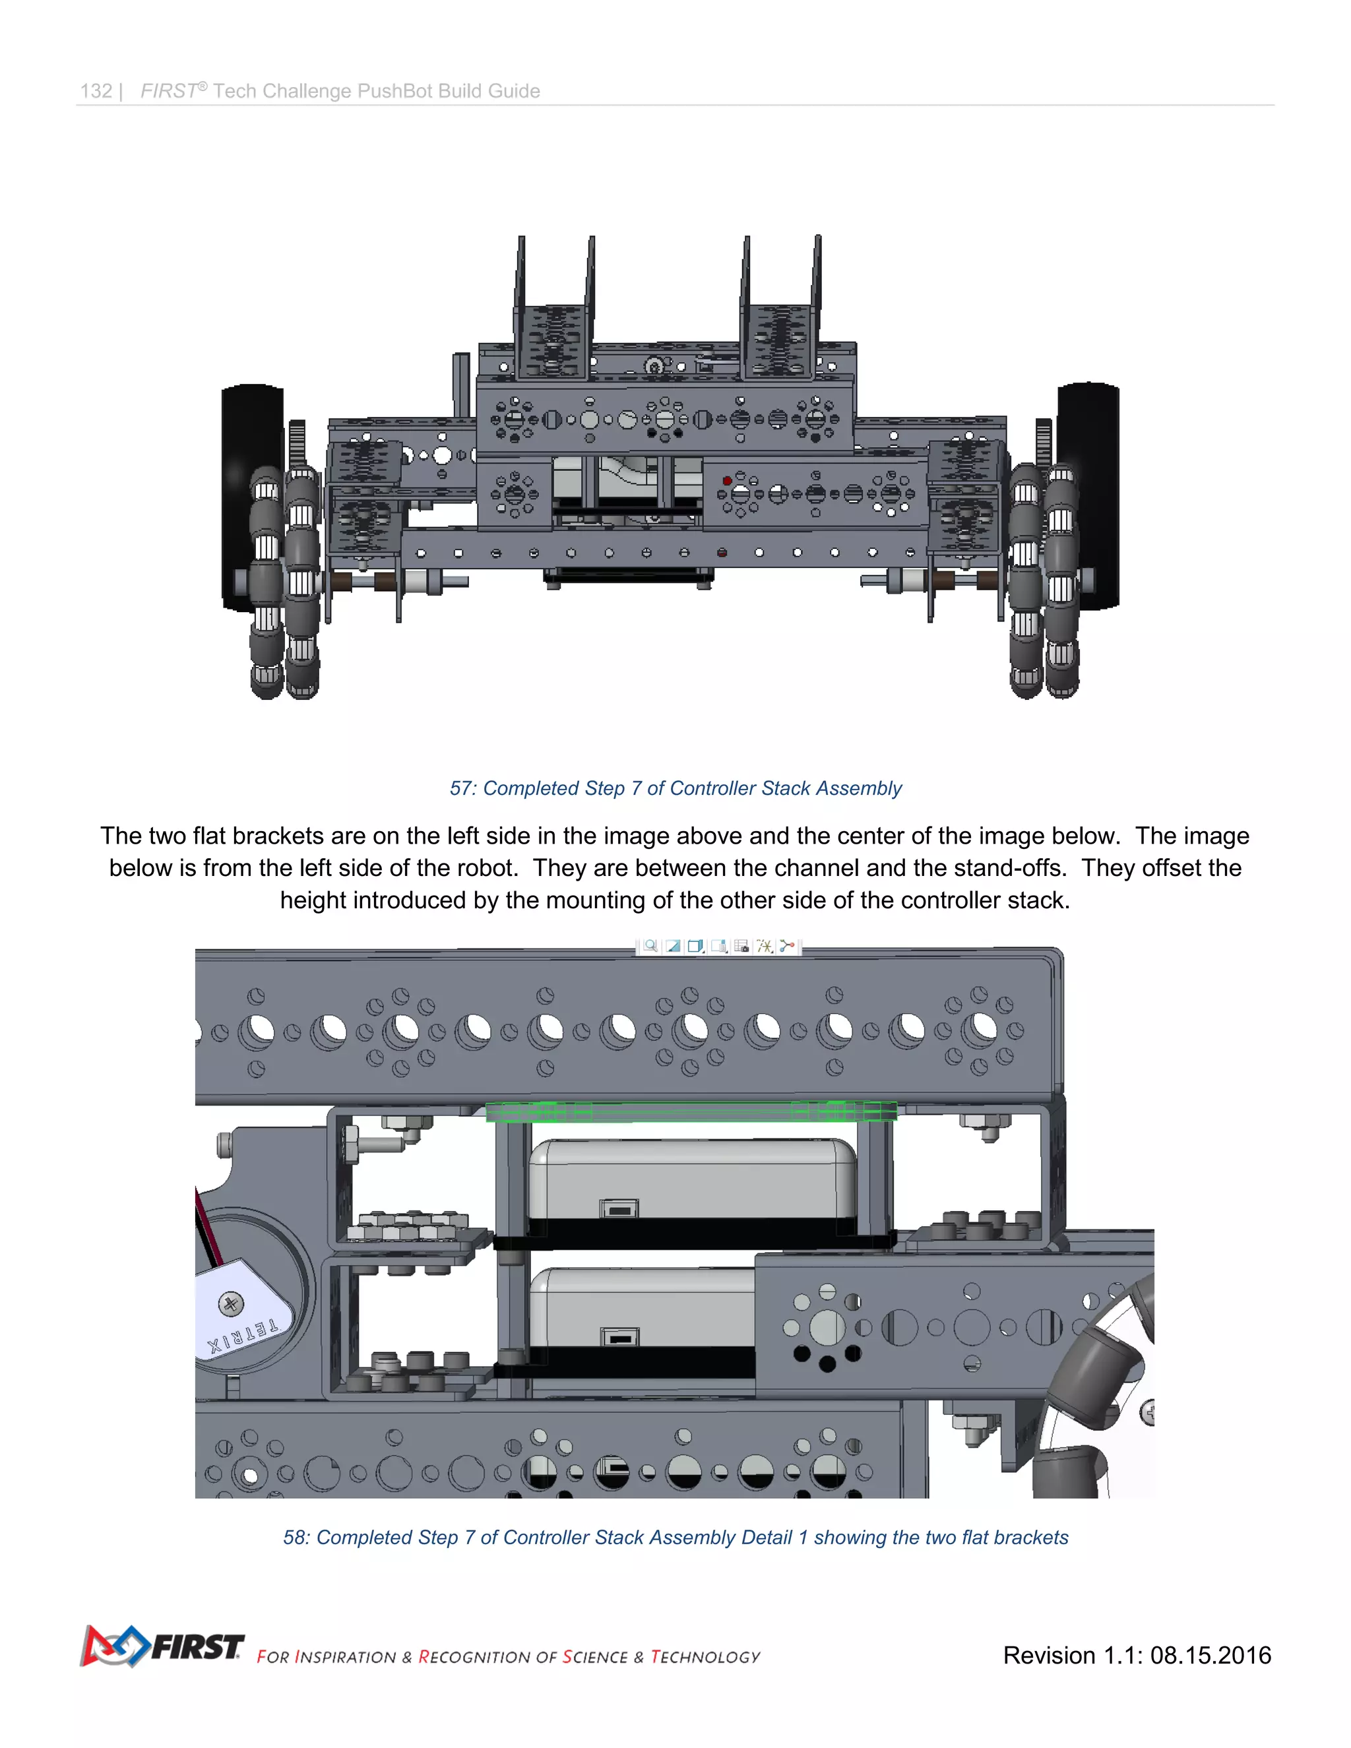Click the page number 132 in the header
click(96, 91)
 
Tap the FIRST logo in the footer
click(162, 1646)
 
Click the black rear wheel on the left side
click(252, 496)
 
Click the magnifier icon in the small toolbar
click(650, 946)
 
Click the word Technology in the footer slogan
click(705, 1657)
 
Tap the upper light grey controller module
click(692, 1177)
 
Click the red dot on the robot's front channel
click(727, 481)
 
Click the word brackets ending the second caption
click(1031, 1538)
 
